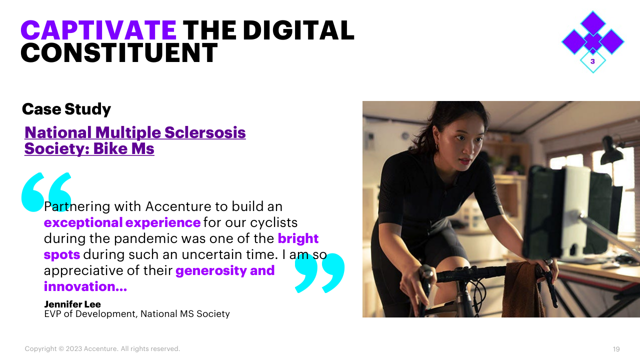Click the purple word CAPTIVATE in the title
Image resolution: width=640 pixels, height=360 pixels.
pos(98,30)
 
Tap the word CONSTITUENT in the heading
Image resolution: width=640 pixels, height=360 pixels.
pos(119,53)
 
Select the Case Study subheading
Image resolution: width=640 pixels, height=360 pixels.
pos(66,109)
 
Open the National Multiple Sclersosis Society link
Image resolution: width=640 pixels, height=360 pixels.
pos(135,140)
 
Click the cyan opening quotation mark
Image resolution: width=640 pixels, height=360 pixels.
pos(46,192)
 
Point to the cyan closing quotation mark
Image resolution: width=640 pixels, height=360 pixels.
pos(319,273)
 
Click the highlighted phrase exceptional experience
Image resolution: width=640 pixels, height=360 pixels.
pos(122,222)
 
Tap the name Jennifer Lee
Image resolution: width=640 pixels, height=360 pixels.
pos(72,304)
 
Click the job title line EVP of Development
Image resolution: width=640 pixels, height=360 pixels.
pos(137,313)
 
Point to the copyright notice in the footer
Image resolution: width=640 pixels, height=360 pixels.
pos(102,349)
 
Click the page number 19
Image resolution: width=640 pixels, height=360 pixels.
pos(616,349)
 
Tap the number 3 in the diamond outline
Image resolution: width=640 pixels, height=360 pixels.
pos(592,61)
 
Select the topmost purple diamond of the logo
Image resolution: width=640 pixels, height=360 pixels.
pos(593,23)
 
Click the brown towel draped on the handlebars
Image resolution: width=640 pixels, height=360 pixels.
pos(523,288)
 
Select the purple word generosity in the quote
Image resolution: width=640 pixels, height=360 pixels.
pos(211,271)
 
